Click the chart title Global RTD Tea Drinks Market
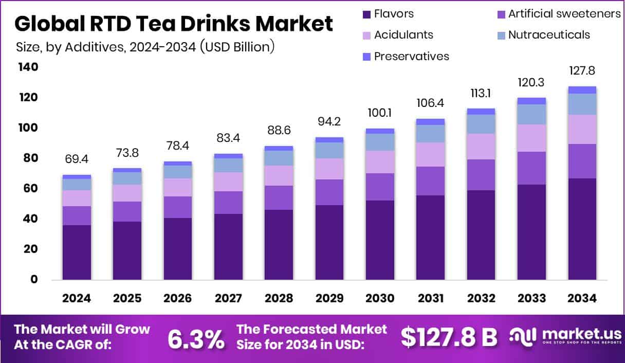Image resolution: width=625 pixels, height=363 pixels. coord(174,24)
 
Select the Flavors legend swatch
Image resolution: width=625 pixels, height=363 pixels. coord(366,14)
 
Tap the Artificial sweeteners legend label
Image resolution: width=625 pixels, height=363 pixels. coord(564,14)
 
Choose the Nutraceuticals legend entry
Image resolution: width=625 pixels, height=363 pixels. coord(549,35)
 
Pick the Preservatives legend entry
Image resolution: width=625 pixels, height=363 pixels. coord(411,56)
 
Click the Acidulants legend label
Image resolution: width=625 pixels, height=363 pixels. coord(403,35)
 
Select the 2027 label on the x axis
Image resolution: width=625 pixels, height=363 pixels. coord(228,299)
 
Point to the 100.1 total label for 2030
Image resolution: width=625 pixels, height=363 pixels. coord(380,113)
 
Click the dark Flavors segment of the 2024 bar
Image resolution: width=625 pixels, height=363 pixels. coord(77,252)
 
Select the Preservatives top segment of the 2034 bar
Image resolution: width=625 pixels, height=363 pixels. coord(582,90)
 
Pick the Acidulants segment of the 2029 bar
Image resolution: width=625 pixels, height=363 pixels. coord(329,169)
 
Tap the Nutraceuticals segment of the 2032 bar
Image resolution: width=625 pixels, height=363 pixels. coord(481,124)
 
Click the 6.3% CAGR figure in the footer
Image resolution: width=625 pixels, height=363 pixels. coord(196,338)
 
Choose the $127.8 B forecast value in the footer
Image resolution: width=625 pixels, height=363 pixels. coord(449,337)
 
